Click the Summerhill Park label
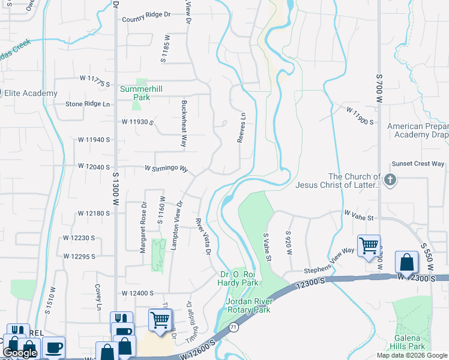coord(141,93)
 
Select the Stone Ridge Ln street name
coord(88,104)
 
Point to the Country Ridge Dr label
coord(145,19)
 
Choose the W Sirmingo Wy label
coord(166,169)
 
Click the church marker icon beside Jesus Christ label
coord(390,180)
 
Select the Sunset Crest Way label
coord(418,164)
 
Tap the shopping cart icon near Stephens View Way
coord(369,245)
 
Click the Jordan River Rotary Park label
coord(248,305)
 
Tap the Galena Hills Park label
coord(407,342)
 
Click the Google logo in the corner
coord(20,353)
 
